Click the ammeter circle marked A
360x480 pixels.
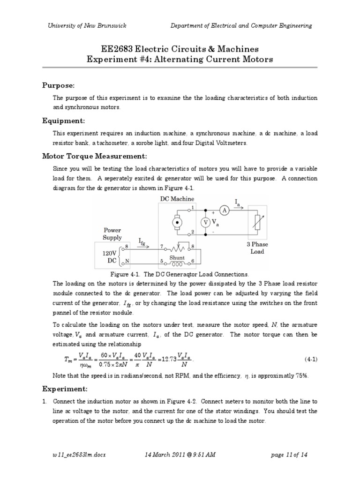click(x=225, y=211)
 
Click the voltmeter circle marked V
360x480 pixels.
click(x=205, y=223)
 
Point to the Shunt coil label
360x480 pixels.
click(x=177, y=258)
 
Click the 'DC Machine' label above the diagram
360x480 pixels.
click(x=177, y=199)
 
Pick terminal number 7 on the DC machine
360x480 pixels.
click(x=161, y=245)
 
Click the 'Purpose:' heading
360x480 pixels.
click(x=59, y=85)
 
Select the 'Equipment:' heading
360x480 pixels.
click(x=62, y=120)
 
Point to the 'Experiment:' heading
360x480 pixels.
click(x=64, y=389)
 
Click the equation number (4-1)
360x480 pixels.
click(x=311, y=359)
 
